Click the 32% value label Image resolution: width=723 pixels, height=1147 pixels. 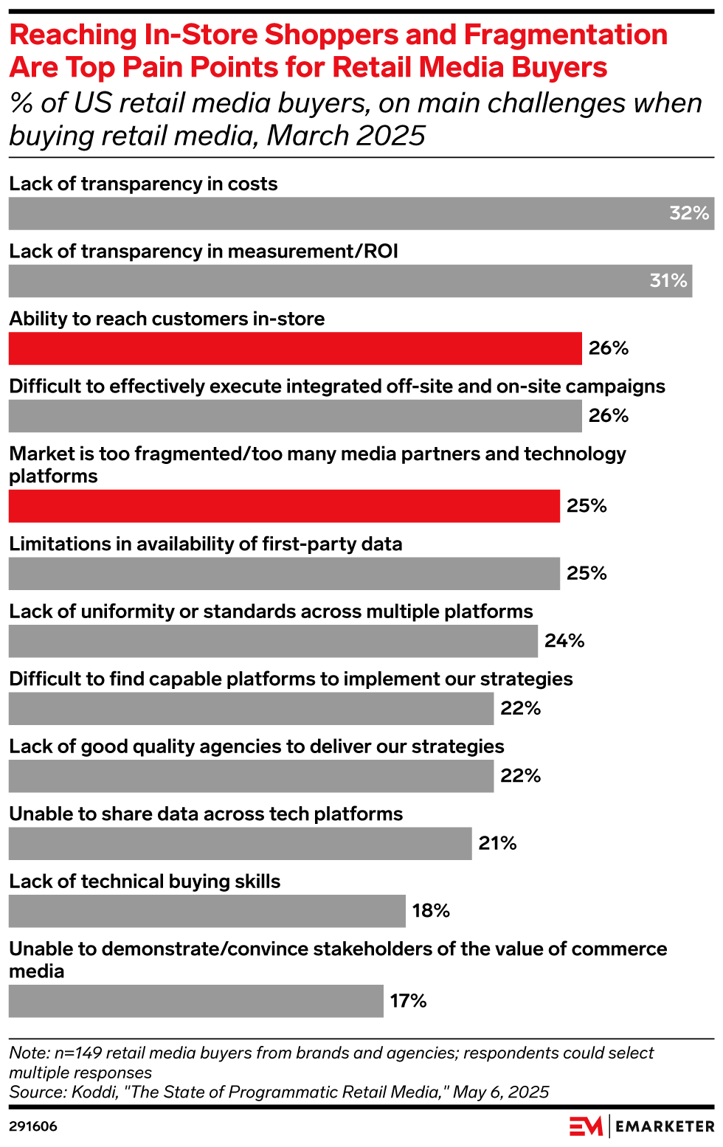pos(688,213)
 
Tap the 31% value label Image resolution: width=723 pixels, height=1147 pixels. pos(668,281)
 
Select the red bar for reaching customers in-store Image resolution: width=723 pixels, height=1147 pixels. pos(295,348)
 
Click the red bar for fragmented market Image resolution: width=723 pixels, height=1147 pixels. pos(284,506)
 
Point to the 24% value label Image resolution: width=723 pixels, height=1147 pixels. pos(564,641)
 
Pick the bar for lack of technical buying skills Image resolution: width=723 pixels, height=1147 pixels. pos(207,911)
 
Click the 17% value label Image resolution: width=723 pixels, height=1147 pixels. pos(408,1001)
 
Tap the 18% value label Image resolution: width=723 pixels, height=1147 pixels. pos(431,911)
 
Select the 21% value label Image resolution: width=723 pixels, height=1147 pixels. pos(497,843)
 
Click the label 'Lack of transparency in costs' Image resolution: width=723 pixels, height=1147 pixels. pos(143,184)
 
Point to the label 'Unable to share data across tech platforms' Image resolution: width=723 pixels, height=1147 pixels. pos(206,814)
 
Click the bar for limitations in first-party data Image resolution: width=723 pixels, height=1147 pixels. pos(284,574)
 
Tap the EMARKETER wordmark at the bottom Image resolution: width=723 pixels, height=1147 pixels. pos(665,1126)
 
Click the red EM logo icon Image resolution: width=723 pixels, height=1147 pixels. pos(586,1126)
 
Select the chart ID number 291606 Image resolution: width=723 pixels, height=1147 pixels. pos(33,1126)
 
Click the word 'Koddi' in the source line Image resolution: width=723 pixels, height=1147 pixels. pos(94,1092)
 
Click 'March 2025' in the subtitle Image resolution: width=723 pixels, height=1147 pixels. pos(346,136)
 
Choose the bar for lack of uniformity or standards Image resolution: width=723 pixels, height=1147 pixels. pos(273,641)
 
